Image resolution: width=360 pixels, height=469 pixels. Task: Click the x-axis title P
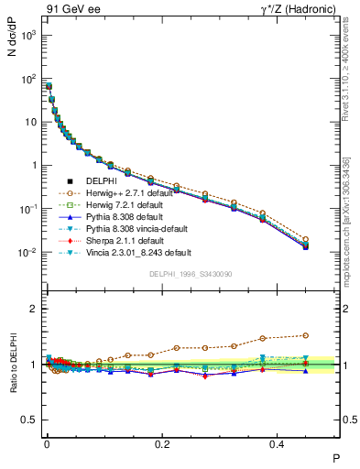point(336,457)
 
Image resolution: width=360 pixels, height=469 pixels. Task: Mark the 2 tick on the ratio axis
point(33,309)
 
